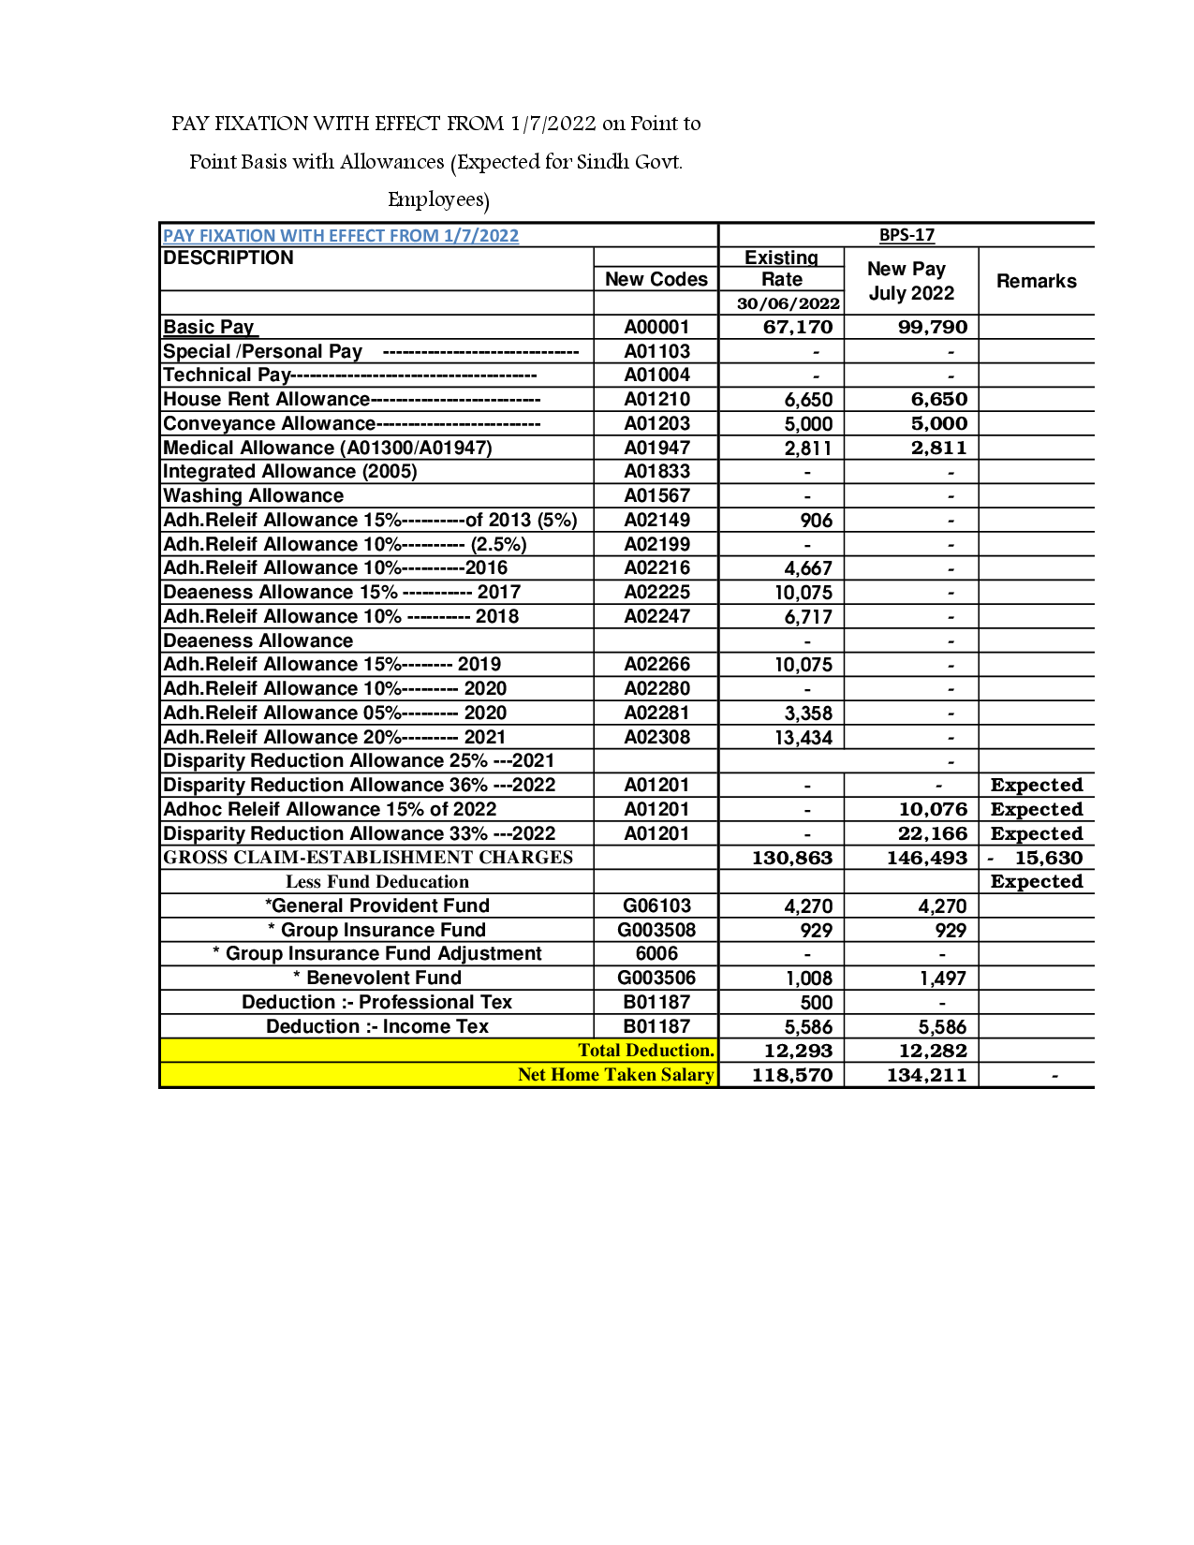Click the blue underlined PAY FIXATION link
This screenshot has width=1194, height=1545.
341,236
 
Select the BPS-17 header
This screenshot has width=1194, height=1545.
907,235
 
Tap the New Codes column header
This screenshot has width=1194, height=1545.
656,279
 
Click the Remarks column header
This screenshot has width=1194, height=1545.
1036,281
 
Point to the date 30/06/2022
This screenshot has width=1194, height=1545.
788,303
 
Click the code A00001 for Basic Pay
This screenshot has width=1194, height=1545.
656,327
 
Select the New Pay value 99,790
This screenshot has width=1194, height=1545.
932,327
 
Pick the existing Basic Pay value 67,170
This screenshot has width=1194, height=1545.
797,327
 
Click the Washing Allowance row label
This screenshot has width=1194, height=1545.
254,495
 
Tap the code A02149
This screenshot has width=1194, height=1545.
656,520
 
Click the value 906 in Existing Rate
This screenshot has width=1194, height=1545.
816,521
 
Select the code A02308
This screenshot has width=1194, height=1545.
656,737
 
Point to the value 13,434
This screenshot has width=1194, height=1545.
803,738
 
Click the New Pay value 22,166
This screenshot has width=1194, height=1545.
932,833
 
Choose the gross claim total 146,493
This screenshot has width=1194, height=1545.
926,858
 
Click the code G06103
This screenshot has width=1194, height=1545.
656,905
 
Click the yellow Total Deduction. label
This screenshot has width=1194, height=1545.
646,1051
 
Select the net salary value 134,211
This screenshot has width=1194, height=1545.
926,1075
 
